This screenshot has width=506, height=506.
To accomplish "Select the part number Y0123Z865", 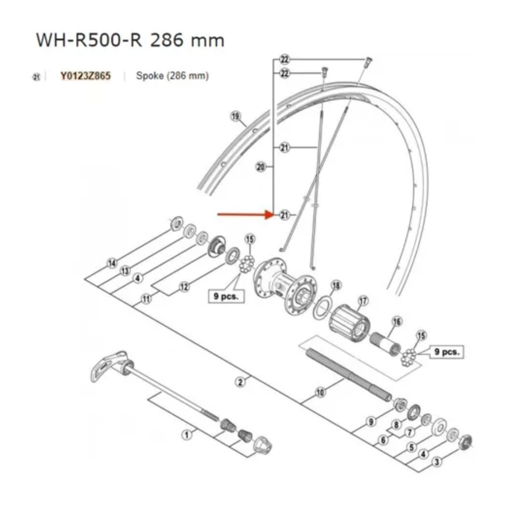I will [85, 76].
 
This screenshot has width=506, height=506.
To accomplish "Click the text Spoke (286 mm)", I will [172, 76].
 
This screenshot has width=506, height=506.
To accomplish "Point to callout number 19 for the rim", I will [235, 116].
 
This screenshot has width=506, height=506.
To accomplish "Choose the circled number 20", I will [261, 167].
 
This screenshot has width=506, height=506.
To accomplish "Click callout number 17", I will [363, 301].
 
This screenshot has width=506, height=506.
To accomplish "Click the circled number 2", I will [240, 382].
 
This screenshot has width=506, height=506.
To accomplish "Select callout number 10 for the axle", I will [320, 393].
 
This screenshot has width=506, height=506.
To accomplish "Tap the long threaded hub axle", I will [350, 371].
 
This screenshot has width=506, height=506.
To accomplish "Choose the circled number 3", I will [437, 462].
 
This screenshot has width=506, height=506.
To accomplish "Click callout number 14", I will [112, 264].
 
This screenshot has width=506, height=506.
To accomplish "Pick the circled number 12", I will [184, 287].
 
